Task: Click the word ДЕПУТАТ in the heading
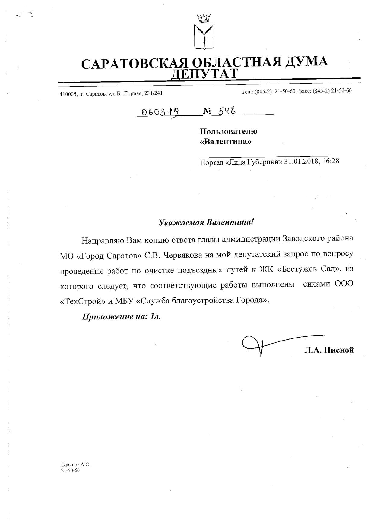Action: [x=204, y=74]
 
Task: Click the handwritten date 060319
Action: [x=158, y=112]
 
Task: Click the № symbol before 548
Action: [x=208, y=112]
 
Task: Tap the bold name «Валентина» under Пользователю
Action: [x=226, y=141]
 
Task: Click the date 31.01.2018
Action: [x=302, y=161]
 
